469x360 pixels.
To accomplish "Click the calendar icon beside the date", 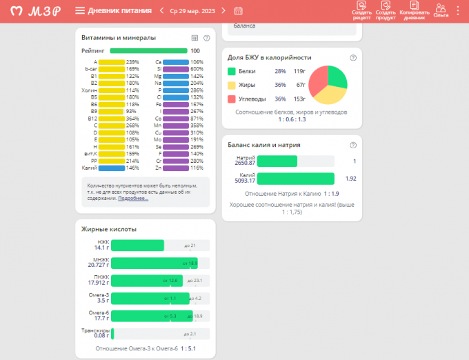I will [239, 10].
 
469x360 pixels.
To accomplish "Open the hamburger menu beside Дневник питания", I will [80, 10].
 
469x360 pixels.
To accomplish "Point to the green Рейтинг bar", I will [148, 50].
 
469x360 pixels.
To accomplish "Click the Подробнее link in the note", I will [133, 198].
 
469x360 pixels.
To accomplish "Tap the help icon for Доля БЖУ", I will [353, 58].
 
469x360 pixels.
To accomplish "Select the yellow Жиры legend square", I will [232, 85].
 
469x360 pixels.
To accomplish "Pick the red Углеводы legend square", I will [232, 99].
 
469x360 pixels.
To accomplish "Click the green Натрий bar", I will [277, 161].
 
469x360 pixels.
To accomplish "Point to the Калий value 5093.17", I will [245, 181].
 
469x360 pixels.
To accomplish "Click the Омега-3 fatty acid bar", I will [150, 298].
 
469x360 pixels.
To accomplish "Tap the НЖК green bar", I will [137, 245].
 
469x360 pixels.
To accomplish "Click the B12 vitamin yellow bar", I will [111, 118].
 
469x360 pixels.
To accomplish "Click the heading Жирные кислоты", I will [109, 229].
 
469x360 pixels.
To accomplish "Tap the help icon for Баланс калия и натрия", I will [353, 145].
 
